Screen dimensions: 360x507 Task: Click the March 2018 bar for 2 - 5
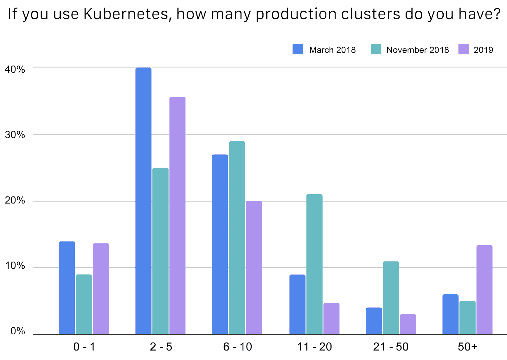point(143,201)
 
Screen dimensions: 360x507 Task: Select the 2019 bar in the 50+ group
point(484,290)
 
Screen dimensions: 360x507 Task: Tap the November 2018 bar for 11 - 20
point(314,264)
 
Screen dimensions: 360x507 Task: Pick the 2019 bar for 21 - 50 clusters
point(408,324)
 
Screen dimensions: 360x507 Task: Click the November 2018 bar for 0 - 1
point(84,304)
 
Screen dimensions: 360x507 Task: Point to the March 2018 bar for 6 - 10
point(220,244)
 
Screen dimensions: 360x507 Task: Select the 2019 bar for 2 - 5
point(177,215)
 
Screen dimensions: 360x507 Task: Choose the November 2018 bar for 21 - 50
point(391,298)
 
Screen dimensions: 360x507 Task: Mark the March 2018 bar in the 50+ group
point(450,314)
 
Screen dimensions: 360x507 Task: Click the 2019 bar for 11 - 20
point(331,318)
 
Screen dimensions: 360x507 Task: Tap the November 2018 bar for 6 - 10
point(237,238)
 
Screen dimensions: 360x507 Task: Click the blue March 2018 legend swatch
point(298,49)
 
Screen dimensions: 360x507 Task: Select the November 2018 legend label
point(417,50)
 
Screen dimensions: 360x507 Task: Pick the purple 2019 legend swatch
point(463,49)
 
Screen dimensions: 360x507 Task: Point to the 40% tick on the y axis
point(15,69)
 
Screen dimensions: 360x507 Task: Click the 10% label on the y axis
point(15,266)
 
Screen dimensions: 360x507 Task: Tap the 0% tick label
point(17,331)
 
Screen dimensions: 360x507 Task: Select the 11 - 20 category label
point(314,347)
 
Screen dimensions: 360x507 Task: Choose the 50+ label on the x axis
point(467,347)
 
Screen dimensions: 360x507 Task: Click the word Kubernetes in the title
point(126,14)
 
